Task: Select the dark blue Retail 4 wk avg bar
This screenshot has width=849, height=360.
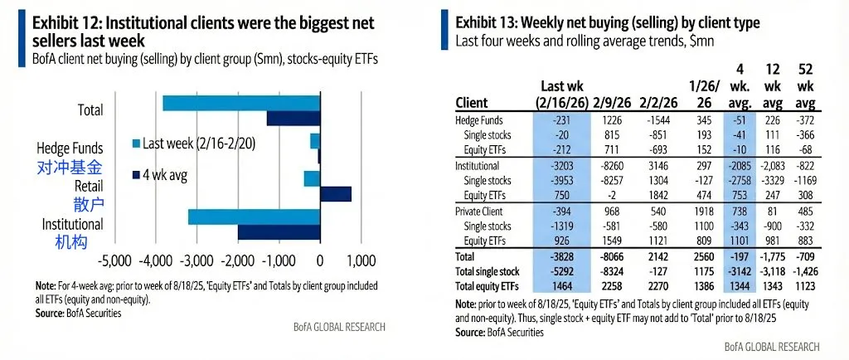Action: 335,193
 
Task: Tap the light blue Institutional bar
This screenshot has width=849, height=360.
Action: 254,217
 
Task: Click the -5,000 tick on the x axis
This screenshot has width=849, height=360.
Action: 114,261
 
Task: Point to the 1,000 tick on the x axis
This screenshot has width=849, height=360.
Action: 360,261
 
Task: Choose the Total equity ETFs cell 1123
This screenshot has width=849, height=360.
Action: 803,284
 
